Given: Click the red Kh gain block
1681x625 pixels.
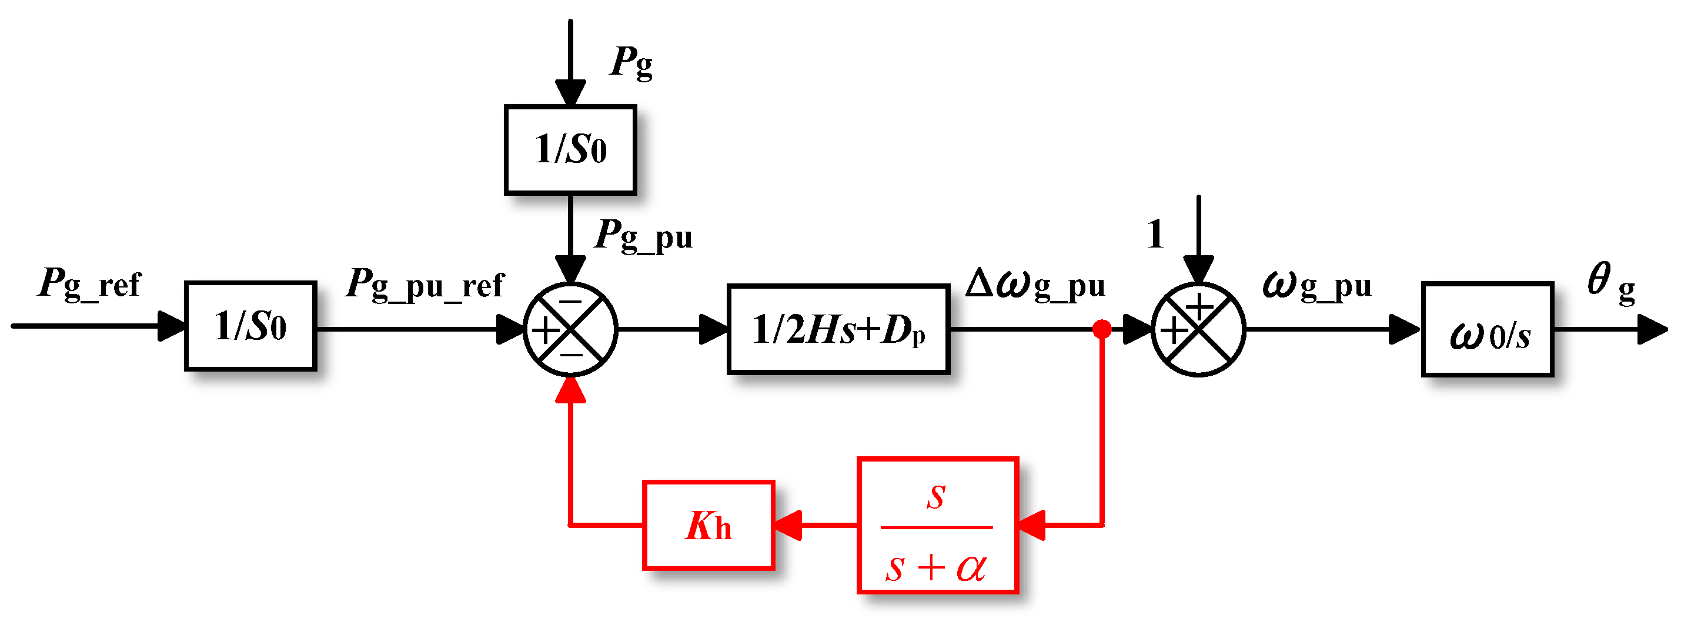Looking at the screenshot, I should (709, 525).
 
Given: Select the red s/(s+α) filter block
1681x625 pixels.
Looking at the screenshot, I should (938, 526).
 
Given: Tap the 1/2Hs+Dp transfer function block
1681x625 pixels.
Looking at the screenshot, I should (838, 329).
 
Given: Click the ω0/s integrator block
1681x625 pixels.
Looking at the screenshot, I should (1487, 330).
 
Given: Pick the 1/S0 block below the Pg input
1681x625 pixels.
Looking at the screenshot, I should (570, 150).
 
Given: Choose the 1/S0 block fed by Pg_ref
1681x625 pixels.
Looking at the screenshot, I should (250, 326).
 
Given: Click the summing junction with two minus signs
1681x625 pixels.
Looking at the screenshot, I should (570, 329).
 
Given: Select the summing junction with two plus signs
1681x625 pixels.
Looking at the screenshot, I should (1198, 329).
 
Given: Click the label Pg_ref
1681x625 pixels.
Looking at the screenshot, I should (90, 284).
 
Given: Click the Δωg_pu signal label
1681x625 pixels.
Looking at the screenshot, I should (1035, 285).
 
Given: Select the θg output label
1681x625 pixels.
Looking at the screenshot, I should (1610, 282).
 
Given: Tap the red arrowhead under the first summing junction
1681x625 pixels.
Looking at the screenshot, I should (570, 389).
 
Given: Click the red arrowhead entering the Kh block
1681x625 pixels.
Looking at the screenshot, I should (788, 525).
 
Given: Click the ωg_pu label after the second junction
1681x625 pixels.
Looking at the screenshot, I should (1317, 285).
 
